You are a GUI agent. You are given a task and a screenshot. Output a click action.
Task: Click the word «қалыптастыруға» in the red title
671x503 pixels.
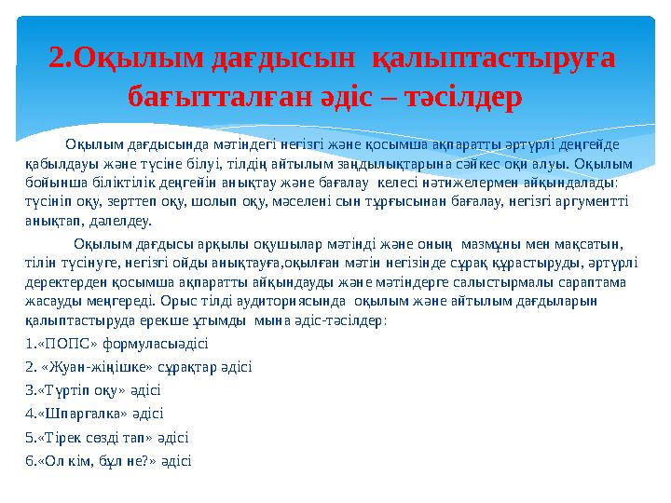[493, 59]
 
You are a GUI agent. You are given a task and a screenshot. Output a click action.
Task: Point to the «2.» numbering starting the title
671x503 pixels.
[61, 59]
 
